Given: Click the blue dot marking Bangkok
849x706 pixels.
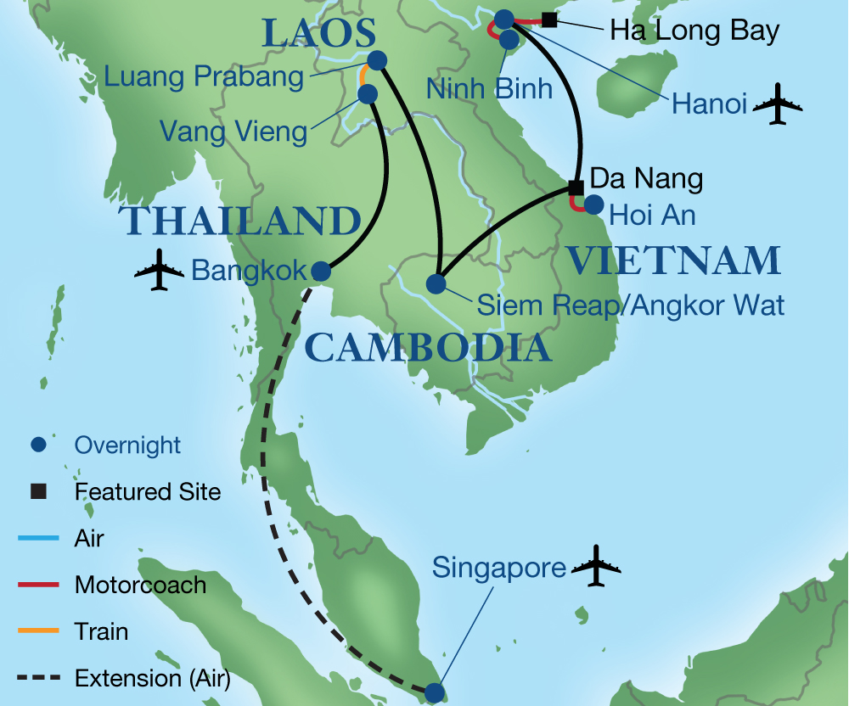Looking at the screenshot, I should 321,272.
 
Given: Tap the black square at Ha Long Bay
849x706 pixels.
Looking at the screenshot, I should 549,20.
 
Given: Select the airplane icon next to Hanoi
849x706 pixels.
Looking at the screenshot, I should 777,105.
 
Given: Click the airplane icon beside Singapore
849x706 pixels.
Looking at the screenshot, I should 596,566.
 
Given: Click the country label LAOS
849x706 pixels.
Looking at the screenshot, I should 318,34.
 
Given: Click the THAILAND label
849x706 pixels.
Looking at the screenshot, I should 244,221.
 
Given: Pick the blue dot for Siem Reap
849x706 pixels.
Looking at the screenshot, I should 436,283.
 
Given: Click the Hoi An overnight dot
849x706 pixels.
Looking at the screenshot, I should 593,205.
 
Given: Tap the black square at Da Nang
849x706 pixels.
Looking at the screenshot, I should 576,187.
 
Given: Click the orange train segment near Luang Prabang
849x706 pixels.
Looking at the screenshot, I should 364,75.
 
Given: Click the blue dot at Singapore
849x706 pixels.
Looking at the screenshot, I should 435,692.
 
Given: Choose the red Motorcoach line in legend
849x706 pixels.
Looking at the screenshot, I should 37,585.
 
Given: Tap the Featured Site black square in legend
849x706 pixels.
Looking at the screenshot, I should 37,491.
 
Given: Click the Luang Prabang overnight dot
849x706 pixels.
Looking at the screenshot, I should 377,60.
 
